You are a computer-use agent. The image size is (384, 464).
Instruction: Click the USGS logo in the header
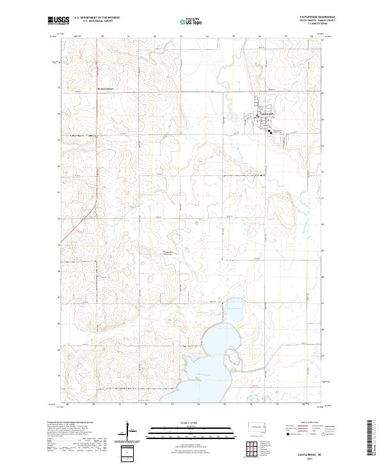[58, 20]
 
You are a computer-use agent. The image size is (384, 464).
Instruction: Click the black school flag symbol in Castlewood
[270, 131]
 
